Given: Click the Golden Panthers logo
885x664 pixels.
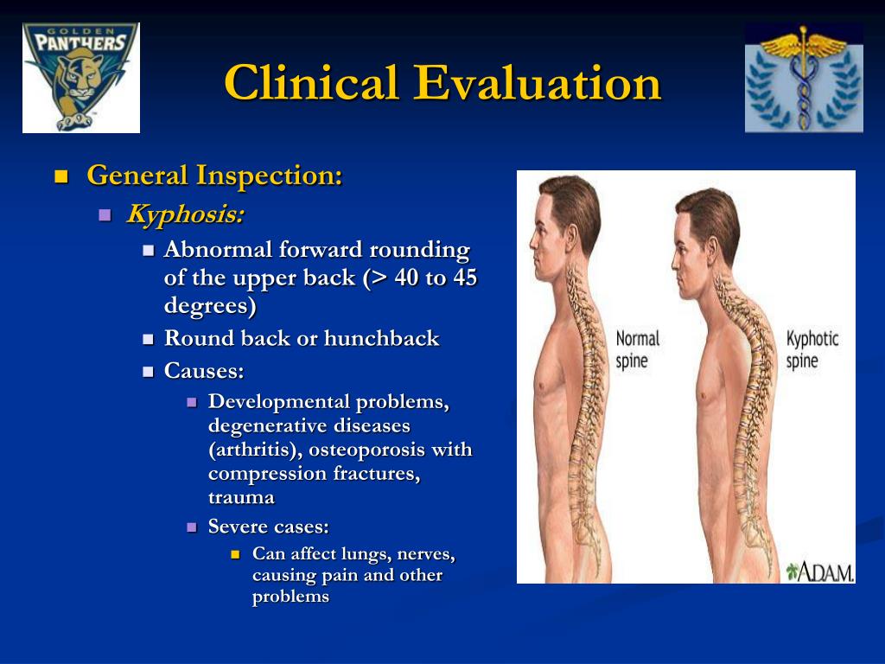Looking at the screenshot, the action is pos(80,78).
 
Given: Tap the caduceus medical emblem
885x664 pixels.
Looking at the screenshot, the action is pos(804,78).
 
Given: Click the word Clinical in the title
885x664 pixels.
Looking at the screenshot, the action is pos(311,82).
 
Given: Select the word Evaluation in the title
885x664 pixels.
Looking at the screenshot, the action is pos(537,82).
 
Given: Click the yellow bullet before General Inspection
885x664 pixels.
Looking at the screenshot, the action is pos(61,177).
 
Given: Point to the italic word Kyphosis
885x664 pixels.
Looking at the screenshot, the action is pos(185,214).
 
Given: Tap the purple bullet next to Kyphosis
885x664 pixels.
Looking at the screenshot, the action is pos(105,215).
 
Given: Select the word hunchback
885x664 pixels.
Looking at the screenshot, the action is pos(381,338).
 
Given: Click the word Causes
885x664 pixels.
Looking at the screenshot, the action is pos(204,371).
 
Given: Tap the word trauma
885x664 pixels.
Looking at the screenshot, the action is pos(242,498).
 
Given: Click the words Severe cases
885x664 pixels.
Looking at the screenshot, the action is pos(269,527).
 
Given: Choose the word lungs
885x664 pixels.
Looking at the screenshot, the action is pos(366,554).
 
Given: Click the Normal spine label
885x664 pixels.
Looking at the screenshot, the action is pos(637,349).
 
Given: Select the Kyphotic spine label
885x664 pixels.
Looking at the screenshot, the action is pos(812,349).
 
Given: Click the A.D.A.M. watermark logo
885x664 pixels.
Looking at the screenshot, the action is pos(820,571).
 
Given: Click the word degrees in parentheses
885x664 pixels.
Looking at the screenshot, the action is pos(210,305).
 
